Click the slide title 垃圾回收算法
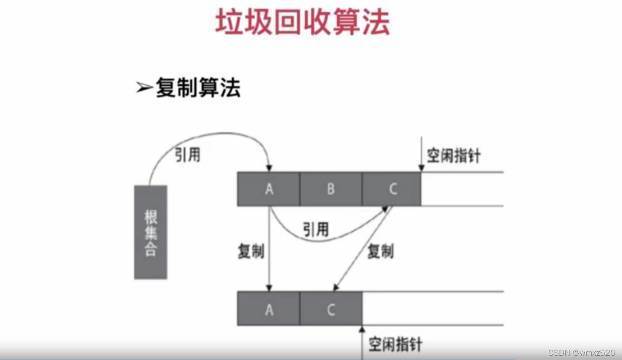(302, 23)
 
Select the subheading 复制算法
(198, 87)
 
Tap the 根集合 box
(150, 232)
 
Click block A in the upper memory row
(269, 189)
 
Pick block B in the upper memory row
(331, 189)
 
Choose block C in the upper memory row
(392, 189)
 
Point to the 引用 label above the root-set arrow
(188, 154)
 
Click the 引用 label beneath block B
(316, 229)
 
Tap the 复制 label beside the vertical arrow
(251, 251)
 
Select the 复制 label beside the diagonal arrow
(380, 251)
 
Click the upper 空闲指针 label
(454, 156)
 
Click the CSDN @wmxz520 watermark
(581, 353)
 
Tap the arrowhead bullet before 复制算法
(144, 88)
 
